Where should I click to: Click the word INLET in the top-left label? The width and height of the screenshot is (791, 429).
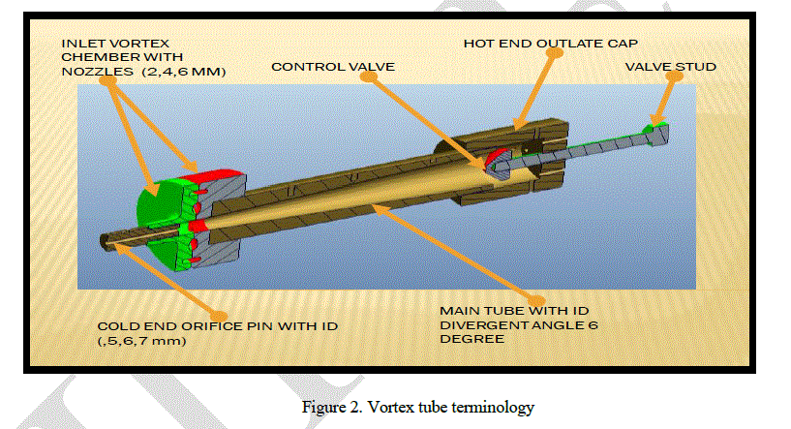coord(81,44)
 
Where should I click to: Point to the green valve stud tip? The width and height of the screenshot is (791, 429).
coord(654,127)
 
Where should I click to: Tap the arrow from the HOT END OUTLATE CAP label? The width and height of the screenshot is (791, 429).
coord(535,87)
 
